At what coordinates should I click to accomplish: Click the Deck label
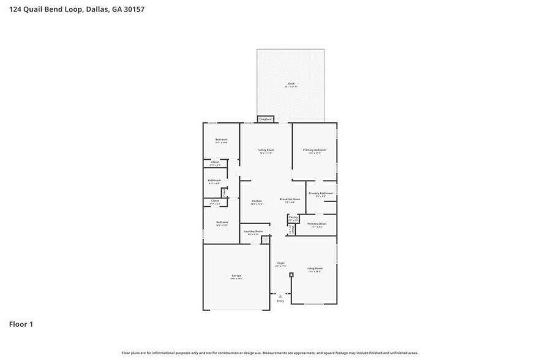tap(291, 84)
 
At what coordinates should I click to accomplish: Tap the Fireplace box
tap(265, 119)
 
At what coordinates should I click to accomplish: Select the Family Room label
tap(265, 150)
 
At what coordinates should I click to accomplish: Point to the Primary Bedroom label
tap(314, 150)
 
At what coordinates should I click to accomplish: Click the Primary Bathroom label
tap(320, 193)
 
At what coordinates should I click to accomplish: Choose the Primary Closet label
tap(317, 224)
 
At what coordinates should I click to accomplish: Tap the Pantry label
tap(293, 217)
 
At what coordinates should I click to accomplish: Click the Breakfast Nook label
tap(290, 200)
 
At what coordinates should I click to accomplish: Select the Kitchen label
tap(257, 201)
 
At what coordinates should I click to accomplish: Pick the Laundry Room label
tap(253, 231)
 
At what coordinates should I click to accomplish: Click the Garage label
tap(236, 276)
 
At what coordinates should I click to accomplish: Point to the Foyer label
tap(280, 263)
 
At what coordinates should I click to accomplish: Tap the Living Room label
tap(314, 269)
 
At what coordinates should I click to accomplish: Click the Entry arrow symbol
tap(280, 296)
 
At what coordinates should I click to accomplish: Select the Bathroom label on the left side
tap(214, 181)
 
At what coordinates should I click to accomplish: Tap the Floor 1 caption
tap(21, 324)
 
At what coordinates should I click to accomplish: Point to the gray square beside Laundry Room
tap(265, 240)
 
